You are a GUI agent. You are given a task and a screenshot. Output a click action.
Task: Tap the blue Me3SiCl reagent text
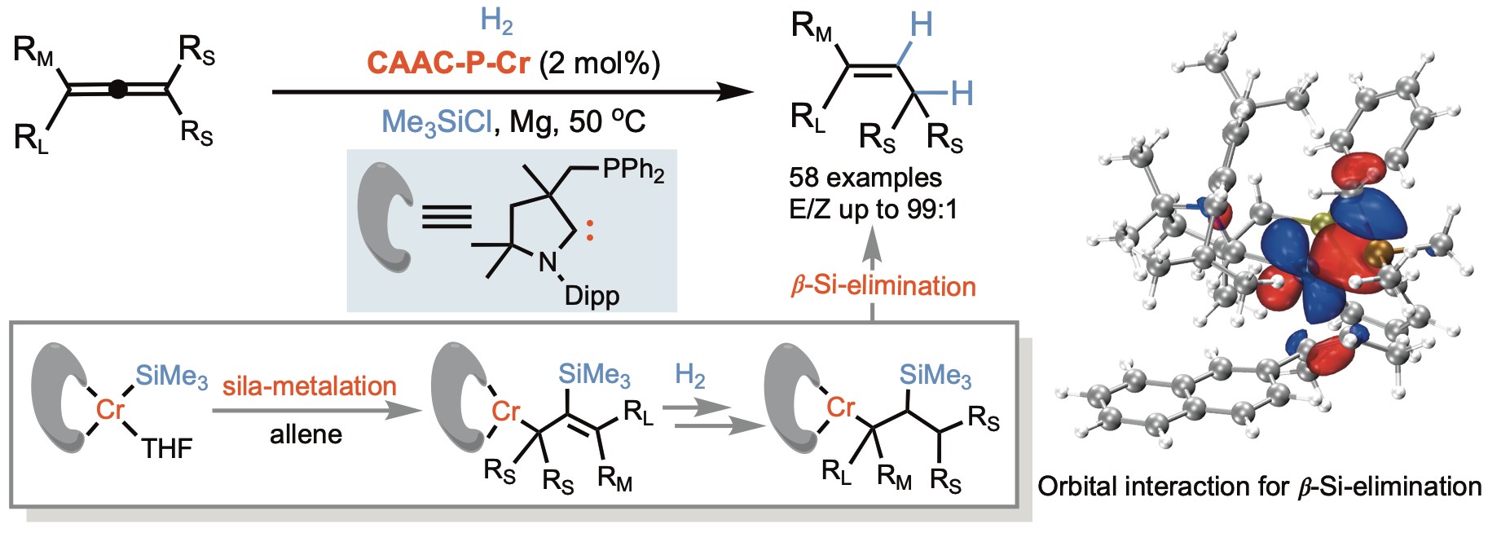coord(437,122)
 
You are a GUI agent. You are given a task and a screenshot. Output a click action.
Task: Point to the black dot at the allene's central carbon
coord(118,89)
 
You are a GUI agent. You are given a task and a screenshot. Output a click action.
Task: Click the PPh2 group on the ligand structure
coord(633,170)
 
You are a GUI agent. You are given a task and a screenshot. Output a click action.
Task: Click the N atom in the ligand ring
coord(548,262)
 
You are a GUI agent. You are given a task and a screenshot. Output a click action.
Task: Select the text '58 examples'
coord(865,178)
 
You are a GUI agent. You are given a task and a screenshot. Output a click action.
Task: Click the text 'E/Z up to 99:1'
coord(873,209)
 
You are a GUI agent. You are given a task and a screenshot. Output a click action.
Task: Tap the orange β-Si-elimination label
coord(883,286)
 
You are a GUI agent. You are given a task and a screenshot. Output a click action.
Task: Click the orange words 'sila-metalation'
coord(309,385)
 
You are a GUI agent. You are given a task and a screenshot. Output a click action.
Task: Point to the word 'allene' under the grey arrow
coord(306,434)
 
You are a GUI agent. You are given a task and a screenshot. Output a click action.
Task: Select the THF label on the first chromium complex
coord(167,448)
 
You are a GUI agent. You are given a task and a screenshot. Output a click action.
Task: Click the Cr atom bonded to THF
coord(110,409)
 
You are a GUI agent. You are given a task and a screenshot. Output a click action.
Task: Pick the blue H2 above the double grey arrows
coord(689,376)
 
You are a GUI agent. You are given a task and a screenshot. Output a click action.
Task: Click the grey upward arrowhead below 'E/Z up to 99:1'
coord(872,239)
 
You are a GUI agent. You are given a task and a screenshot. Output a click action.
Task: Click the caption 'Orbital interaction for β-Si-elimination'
coord(1259,487)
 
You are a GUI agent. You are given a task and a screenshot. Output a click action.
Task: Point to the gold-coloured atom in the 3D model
coord(1379,252)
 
